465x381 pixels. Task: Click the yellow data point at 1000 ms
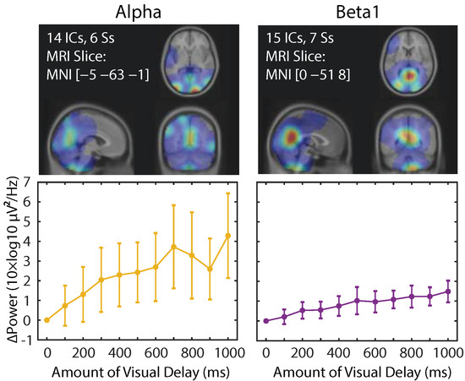(227, 235)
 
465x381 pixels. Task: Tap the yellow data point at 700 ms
(173, 246)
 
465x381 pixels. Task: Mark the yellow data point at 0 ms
(46, 320)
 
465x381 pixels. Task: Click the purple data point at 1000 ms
(448, 291)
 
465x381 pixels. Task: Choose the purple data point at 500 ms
(357, 300)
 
